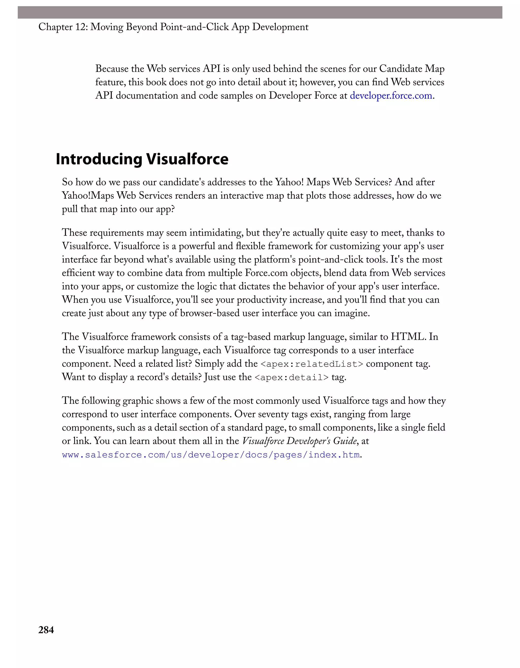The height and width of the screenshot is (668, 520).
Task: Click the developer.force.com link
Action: (391, 96)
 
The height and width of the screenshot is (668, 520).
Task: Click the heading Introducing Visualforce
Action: (142, 159)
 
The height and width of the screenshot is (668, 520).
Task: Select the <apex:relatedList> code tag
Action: (312, 364)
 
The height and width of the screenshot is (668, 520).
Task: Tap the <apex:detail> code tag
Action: (291, 378)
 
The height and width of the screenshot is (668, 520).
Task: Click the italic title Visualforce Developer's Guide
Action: (299, 441)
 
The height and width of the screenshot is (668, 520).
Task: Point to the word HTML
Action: (408, 337)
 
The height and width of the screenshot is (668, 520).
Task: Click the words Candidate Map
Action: (412, 69)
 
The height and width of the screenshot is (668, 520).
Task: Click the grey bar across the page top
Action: (260, 12)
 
